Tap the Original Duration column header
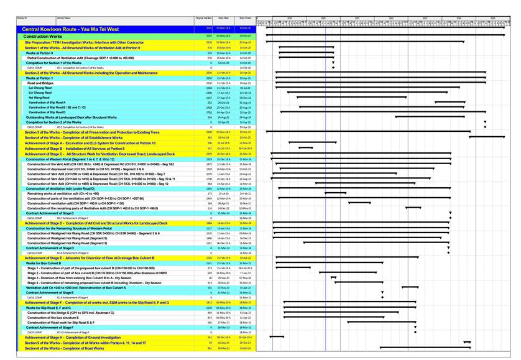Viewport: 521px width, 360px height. coord(204,19)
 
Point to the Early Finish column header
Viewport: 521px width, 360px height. coord(245,19)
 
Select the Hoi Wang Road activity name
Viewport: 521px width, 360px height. coord(39,98)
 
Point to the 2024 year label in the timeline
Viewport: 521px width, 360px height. coord(458,19)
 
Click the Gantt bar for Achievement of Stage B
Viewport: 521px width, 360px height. coord(305,149)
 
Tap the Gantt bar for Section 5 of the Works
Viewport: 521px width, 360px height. coord(468,343)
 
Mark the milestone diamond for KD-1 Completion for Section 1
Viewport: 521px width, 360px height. coord(333,67)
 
